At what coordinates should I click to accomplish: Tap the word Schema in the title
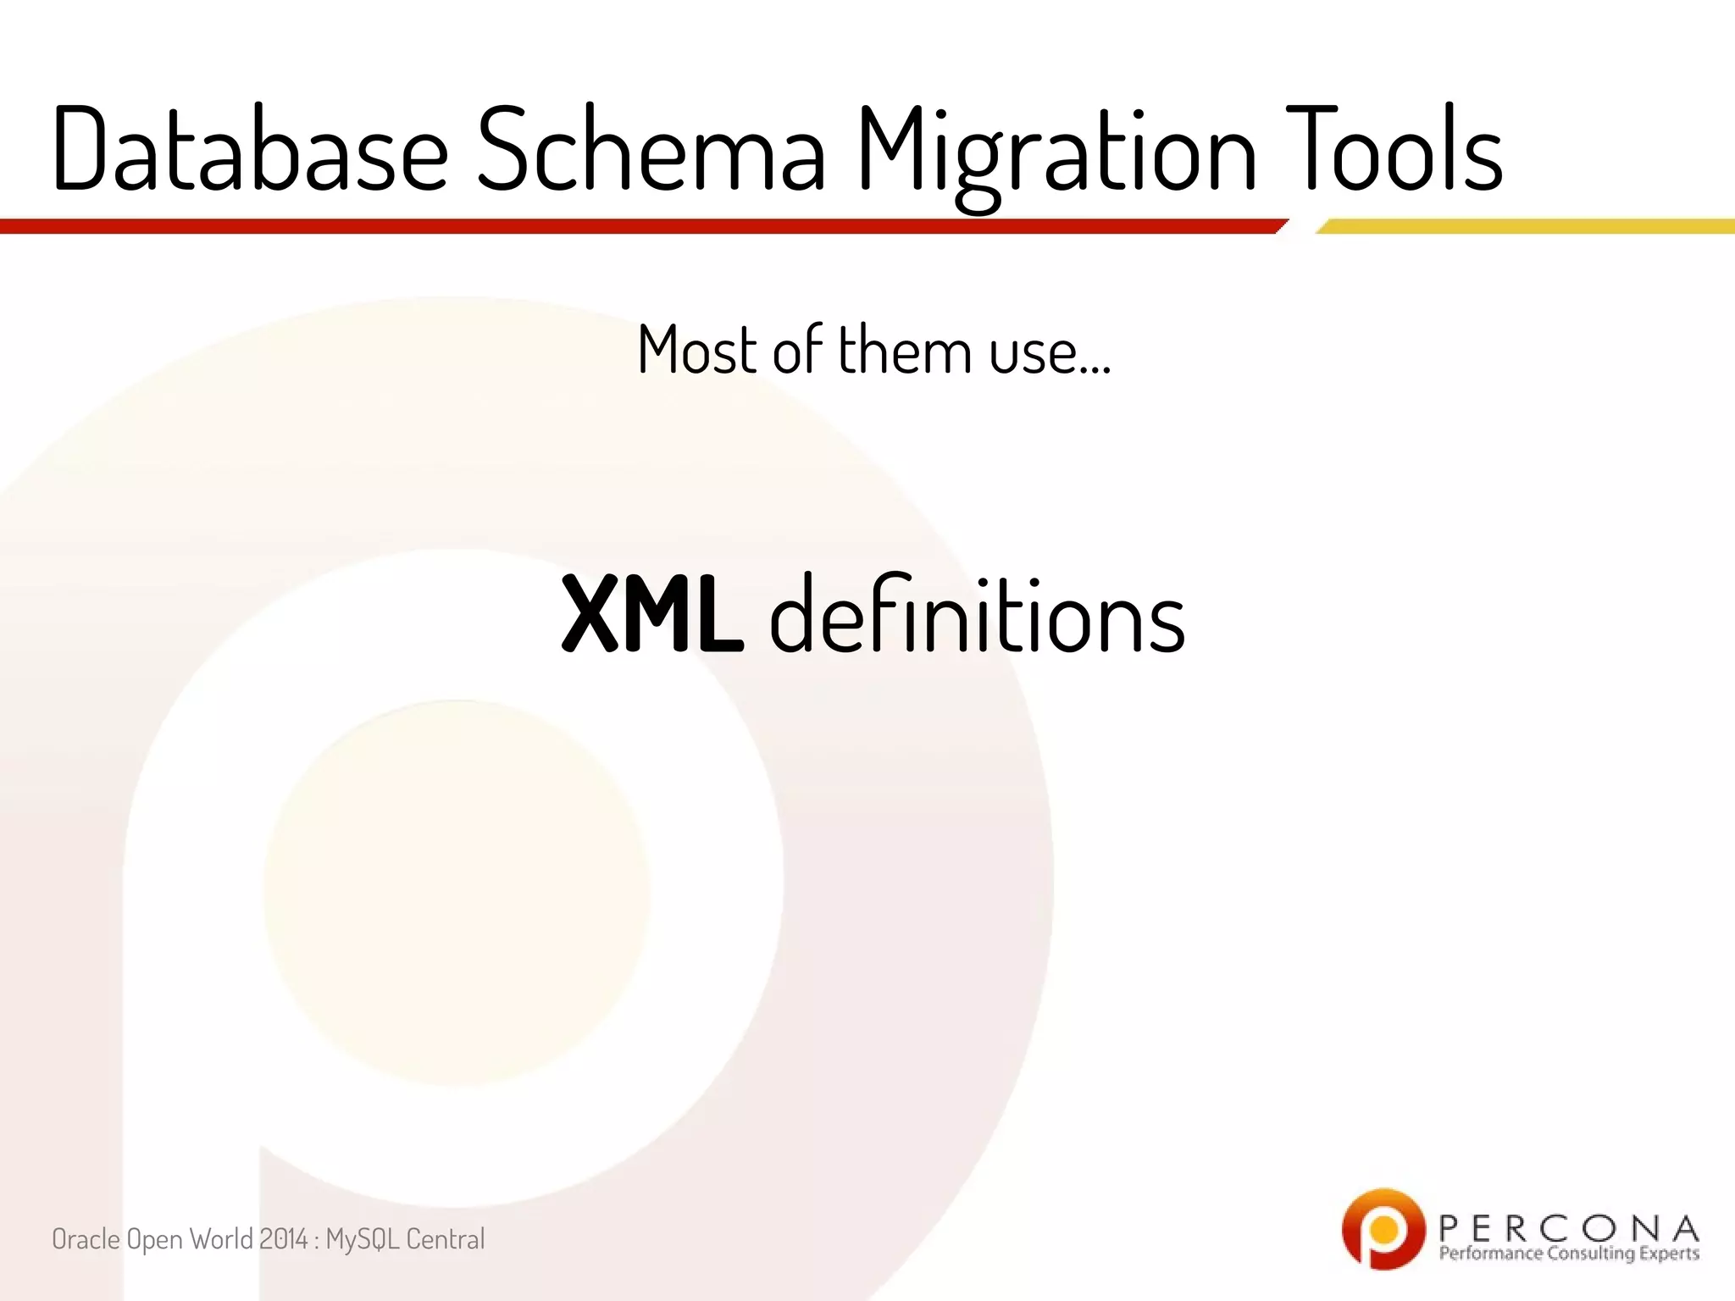(x=651, y=150)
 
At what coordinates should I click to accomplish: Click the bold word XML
(x=652, y=614)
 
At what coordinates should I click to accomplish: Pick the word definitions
(x=977, y=614)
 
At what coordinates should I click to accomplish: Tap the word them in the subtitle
(x=904, y=349)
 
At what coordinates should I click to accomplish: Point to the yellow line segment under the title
(x=1525, y=226)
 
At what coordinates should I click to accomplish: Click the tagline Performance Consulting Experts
(x=1568, y=1254)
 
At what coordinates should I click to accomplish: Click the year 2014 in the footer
(x=283, y=1239)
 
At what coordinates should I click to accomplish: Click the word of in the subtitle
(x=797, y=349)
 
